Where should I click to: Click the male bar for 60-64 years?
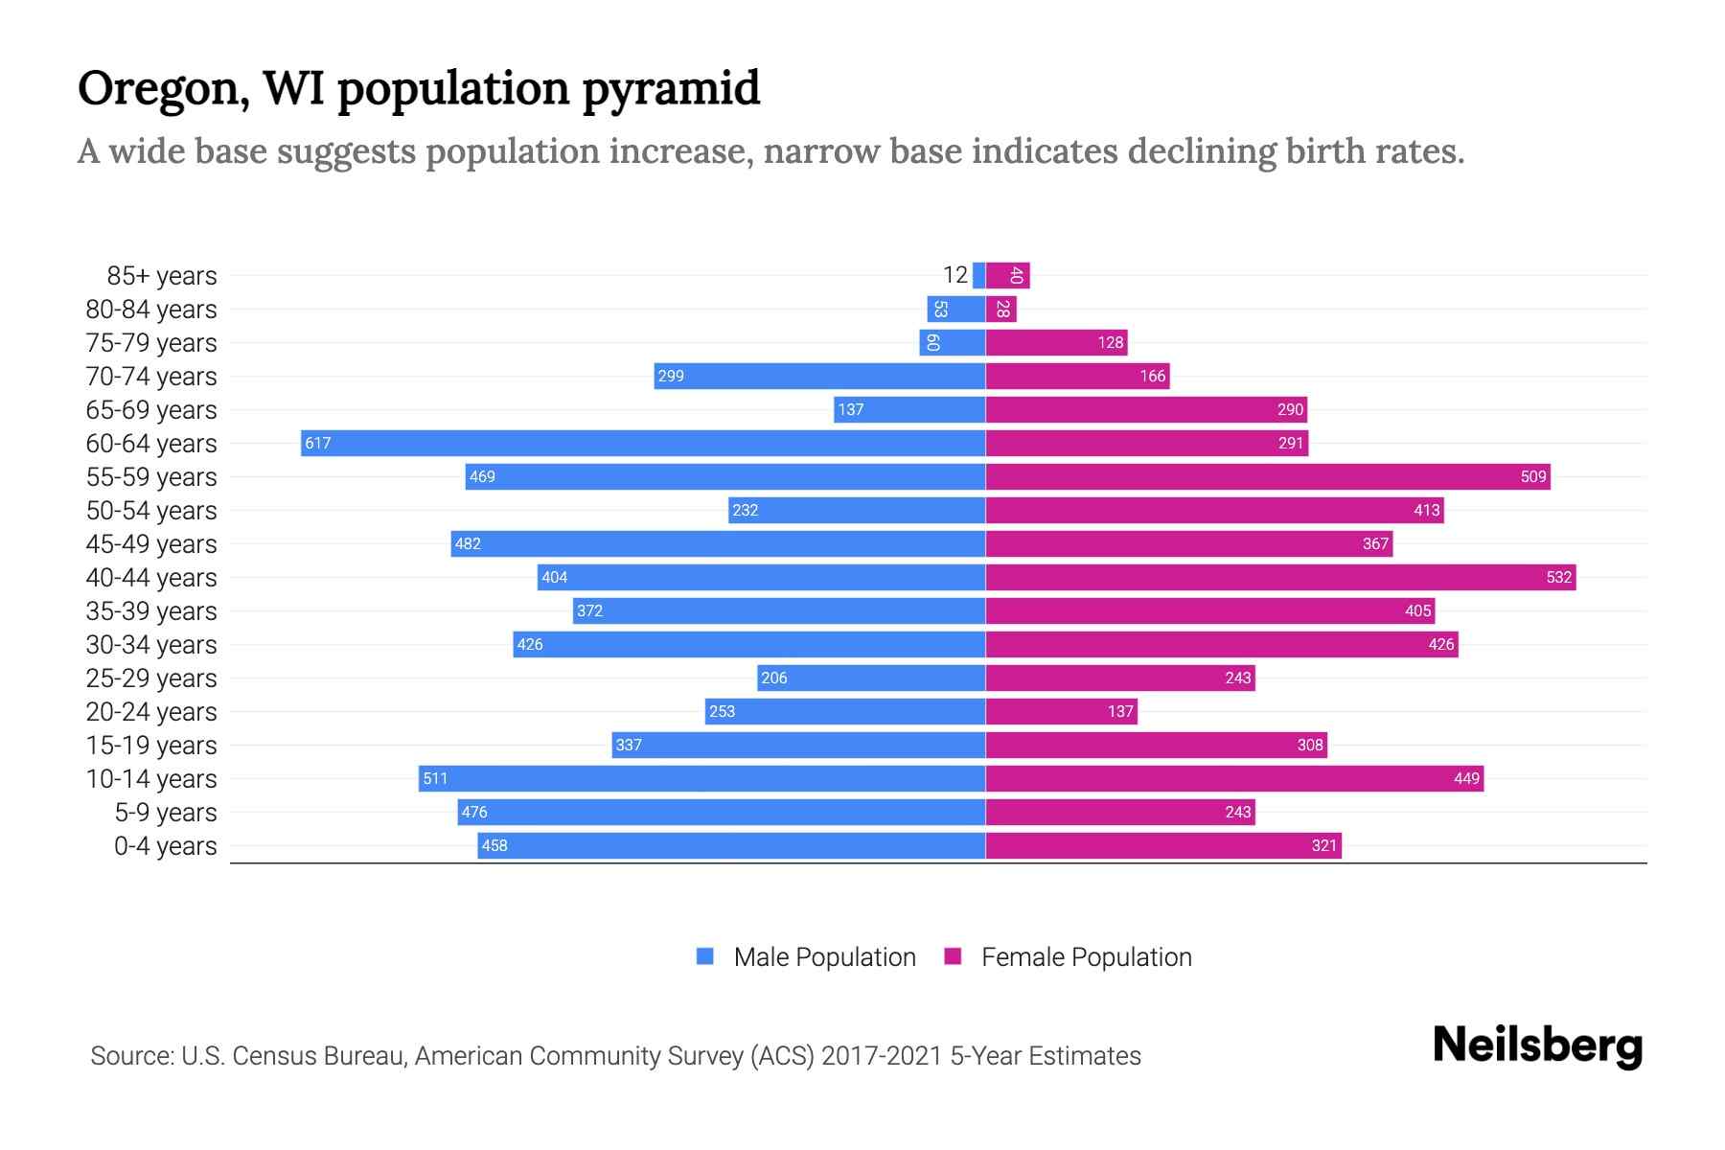click(642, 443)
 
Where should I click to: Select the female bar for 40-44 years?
click(1280, 577)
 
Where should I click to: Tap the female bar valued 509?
click(1267, 476)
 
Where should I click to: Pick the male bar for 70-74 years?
click(819, 376)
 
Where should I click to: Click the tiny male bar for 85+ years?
click(978, 275)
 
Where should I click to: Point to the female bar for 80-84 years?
click(1000, 309)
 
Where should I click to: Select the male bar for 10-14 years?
click(701, 778)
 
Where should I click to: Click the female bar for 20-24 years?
click(1061, 711)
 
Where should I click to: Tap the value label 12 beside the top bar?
click(954, 275)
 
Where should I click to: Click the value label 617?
click(317, 443)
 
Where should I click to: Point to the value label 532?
click(1558, 577)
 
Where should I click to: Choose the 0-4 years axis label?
click(165, 845)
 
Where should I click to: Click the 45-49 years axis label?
click(151, 543)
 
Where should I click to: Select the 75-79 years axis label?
click(151, 342)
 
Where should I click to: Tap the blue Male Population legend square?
click(705, 956)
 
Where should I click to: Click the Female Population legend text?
click(1086, 956)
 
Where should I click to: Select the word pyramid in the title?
click(671, 89)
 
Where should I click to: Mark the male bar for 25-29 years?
click(870, 678)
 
